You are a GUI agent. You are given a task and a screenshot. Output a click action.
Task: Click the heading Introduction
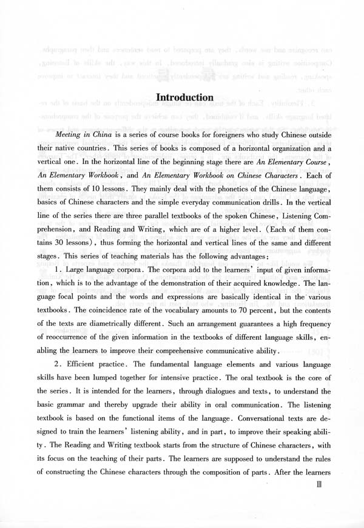[184, 97]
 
